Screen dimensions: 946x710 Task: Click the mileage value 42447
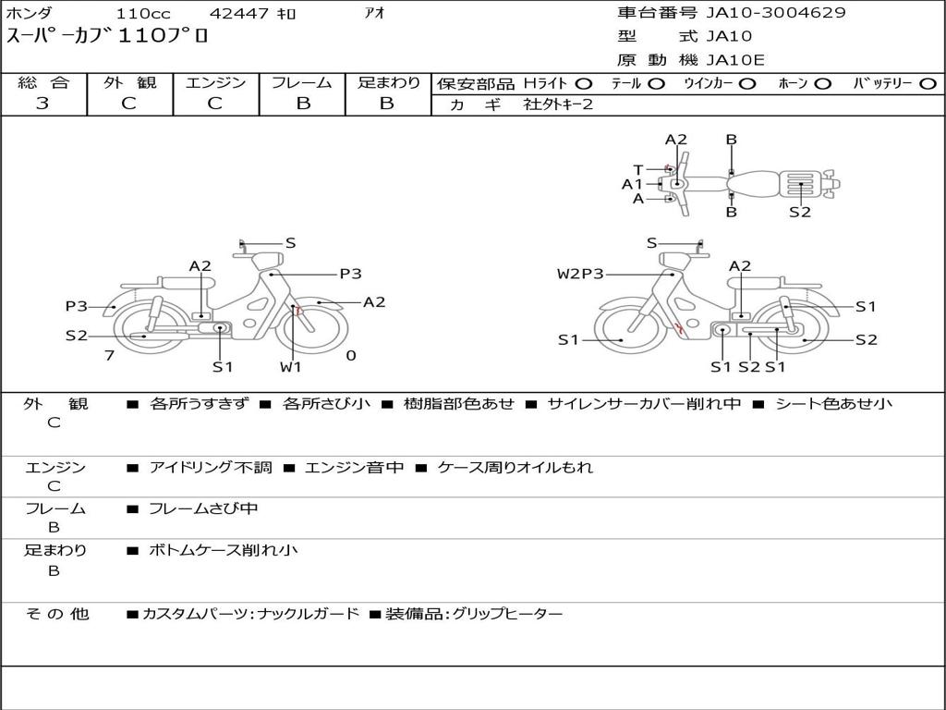239,14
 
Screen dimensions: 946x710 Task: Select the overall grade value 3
42,104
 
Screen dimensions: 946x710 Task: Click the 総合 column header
43,83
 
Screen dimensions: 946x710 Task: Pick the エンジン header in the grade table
215,83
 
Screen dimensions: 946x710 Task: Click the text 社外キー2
558,104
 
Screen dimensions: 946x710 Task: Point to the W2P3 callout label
580,274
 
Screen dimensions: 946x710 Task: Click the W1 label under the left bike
291,367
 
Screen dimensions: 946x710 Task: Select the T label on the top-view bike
637,169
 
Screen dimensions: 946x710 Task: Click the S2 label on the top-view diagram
800,212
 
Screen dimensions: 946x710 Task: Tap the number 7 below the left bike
109,355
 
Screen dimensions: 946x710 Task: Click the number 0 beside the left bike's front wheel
351,355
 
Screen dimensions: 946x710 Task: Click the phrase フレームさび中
203,508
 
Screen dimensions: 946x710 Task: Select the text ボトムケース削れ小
224,550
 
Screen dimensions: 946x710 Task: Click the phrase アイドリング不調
211,468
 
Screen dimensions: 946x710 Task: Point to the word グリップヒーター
507,614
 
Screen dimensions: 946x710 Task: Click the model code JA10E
735,60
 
